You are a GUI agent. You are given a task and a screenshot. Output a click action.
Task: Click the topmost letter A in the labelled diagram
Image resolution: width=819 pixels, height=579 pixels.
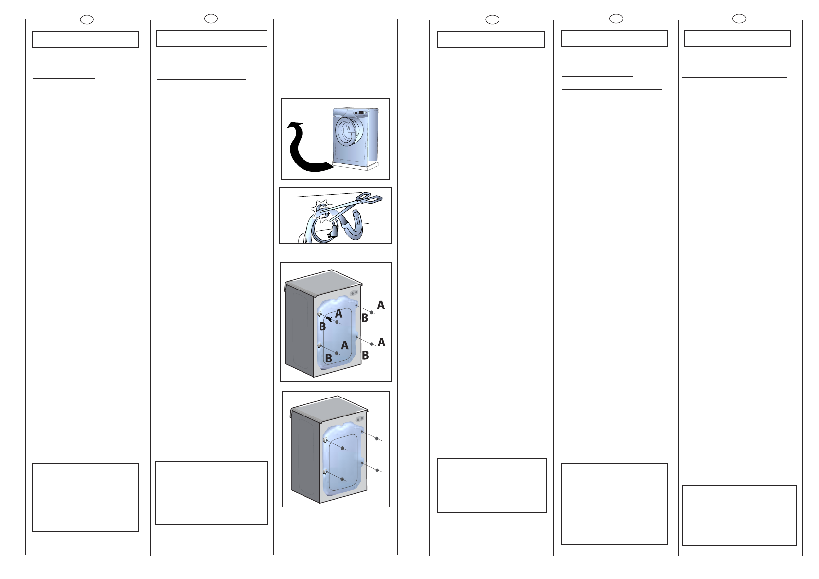click(x=381, y=305)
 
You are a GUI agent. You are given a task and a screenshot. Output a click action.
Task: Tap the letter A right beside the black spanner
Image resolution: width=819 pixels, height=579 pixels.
click(x=339, y=314)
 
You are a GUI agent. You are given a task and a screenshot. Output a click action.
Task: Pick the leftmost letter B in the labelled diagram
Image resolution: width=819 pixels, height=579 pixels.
click(x=322, y=327)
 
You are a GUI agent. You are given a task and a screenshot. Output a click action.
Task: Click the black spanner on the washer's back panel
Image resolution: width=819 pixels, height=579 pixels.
click(x=330, y=318)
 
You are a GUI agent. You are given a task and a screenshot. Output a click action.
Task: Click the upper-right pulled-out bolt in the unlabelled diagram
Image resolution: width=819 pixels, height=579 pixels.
click(x=377, y=439)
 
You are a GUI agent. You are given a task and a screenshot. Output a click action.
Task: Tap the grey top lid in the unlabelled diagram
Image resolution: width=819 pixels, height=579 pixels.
click(x=328, y=408)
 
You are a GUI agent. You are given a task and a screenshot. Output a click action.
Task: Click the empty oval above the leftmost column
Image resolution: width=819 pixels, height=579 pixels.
click(x=87, y=19)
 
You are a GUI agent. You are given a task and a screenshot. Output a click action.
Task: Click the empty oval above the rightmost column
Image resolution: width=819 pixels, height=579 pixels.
click(x=739, y=18)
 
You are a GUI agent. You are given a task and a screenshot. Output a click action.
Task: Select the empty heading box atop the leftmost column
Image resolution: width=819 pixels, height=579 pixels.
click(x=85, y=39)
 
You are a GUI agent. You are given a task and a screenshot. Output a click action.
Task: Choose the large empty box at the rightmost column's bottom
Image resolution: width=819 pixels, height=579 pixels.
click(x=739, y=515)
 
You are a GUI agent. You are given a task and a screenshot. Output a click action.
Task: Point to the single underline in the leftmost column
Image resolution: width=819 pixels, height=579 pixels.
click(x=64, y=78)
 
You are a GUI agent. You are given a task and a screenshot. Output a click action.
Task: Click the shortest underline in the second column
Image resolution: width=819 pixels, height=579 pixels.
click(x=180, y=103)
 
